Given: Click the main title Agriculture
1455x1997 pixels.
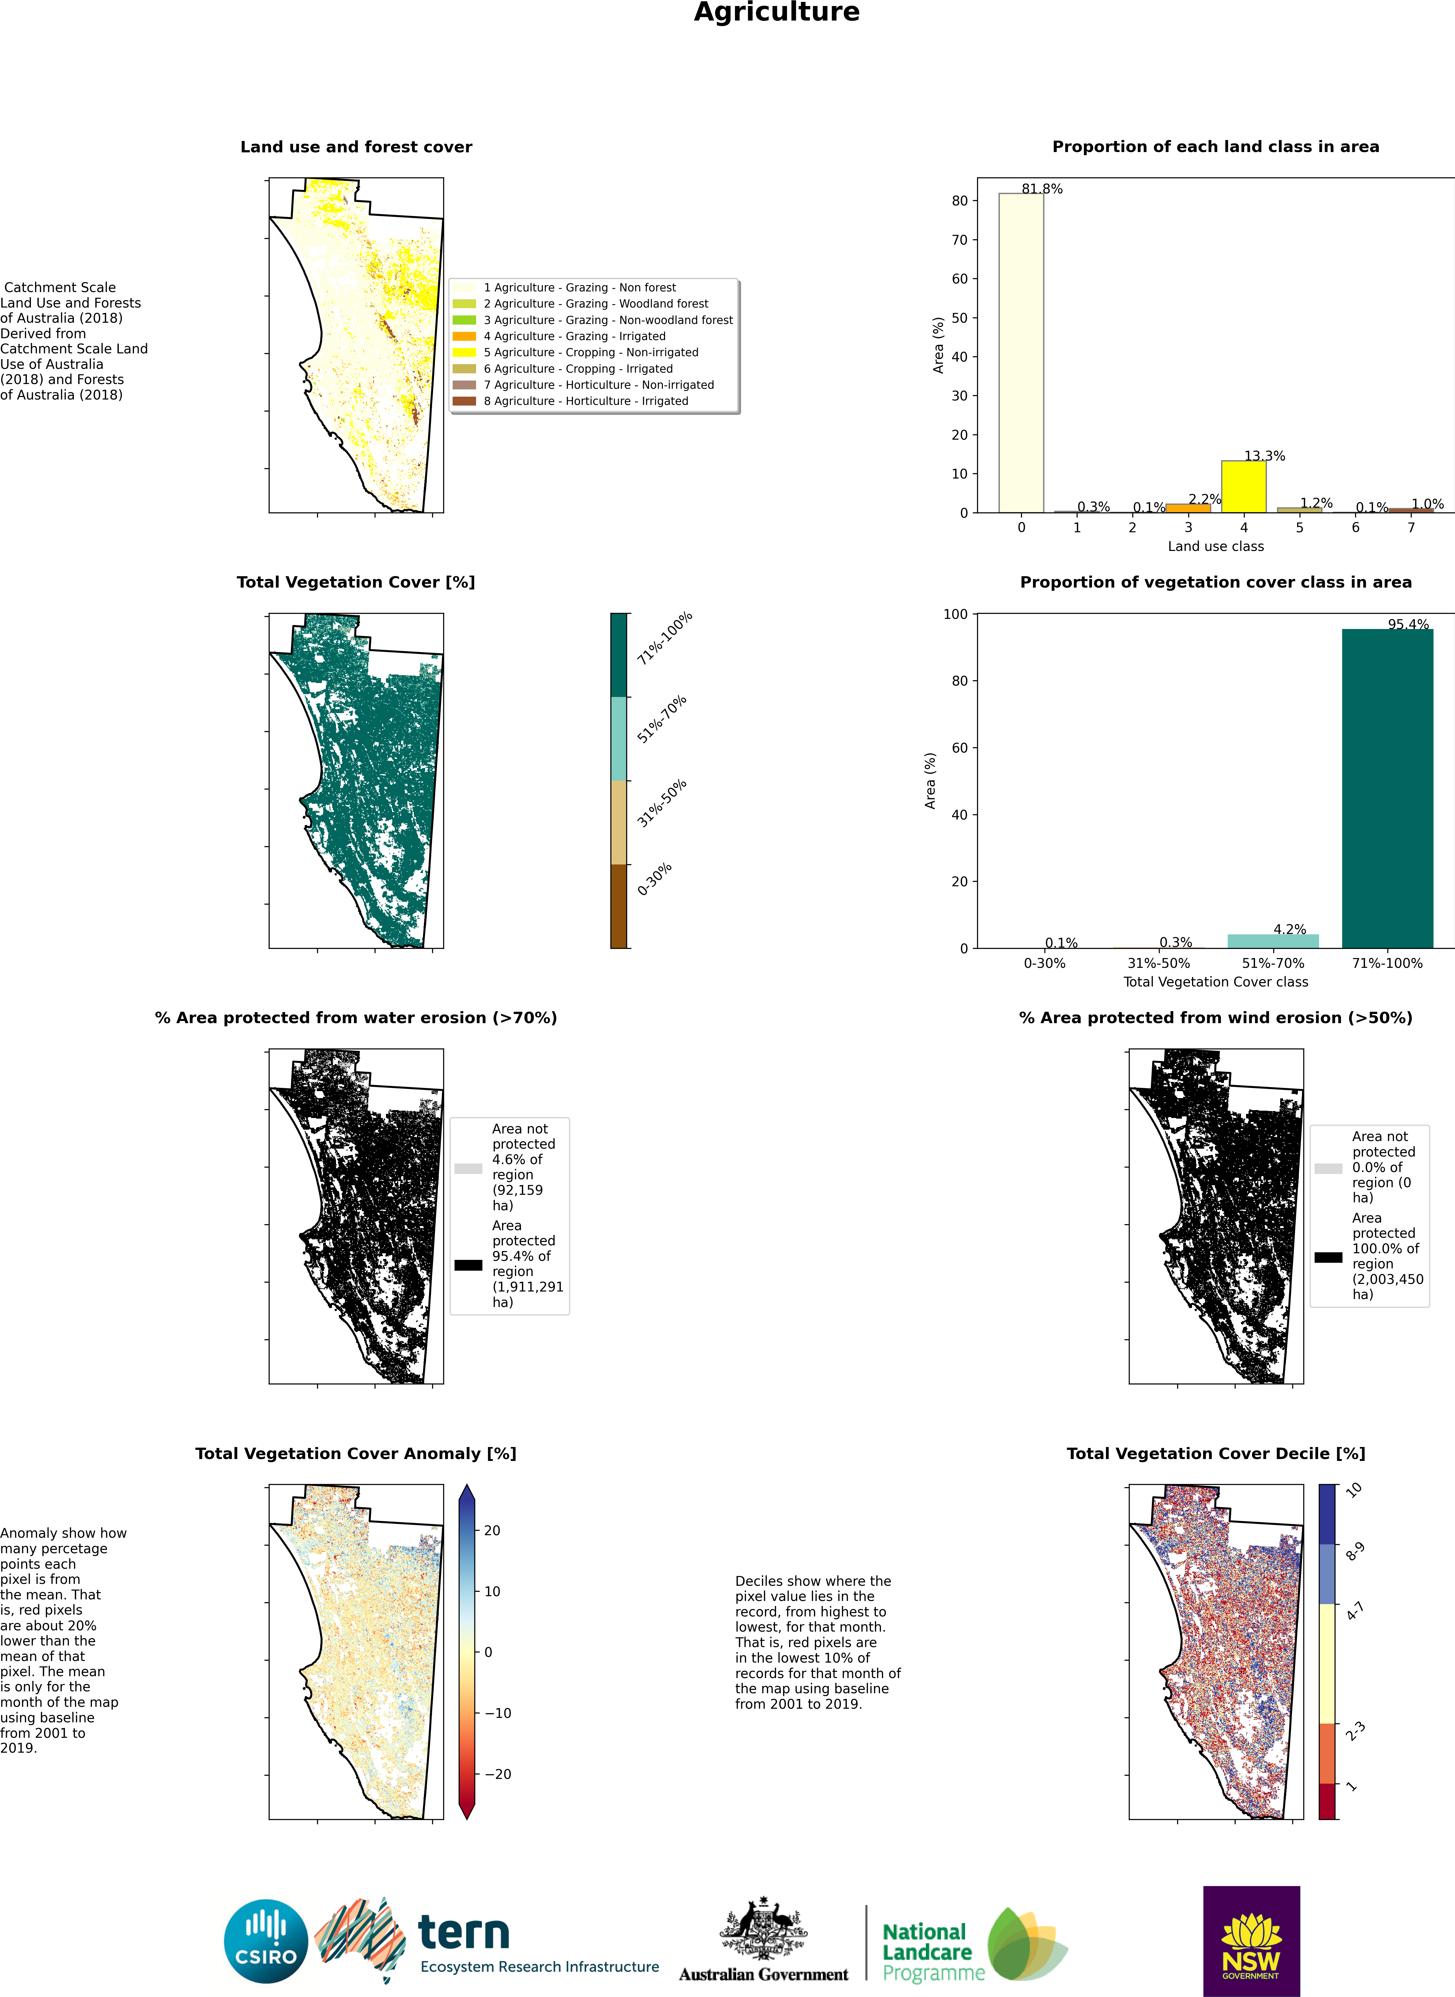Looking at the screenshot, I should pyautogui.click(x=776, y=12).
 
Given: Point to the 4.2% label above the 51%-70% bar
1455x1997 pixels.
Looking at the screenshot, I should pyautogui.click(x=1289, y=929).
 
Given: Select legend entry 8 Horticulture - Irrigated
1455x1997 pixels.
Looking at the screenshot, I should pyautogui.click(x=586, y=401).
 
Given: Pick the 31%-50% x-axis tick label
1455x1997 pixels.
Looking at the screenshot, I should pyautogui.click(x=1158, y=963).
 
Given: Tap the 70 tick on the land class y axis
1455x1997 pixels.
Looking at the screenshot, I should pyautogui.click(x=959, y=240).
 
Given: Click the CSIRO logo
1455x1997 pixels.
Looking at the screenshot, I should pyautogui.click(x=266, y=1941).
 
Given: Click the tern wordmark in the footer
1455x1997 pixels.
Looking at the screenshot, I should pyautogui.click(x=463, y=1933).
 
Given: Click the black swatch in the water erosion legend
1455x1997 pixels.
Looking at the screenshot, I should pyautogui.click(x=468, y=1265).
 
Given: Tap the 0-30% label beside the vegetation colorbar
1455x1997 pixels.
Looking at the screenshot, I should pyautogui.click(x=654, y=879).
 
